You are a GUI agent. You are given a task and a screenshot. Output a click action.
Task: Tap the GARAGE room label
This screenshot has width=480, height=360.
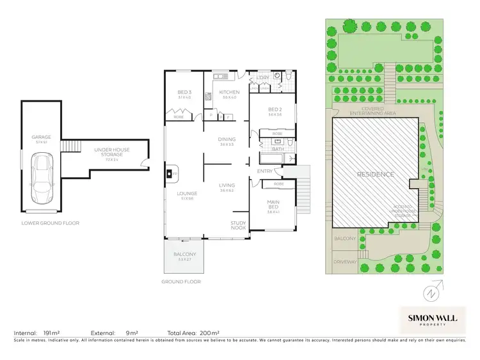point(41,137)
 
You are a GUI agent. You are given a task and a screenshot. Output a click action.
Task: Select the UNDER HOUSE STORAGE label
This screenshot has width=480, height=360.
point(111,152)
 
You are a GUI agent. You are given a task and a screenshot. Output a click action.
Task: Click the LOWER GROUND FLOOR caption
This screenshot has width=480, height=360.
point(54,223)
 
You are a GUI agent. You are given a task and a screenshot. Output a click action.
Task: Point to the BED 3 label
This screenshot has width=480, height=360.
point(185,93)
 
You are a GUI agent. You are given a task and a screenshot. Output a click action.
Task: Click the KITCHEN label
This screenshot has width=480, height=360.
point(228,93)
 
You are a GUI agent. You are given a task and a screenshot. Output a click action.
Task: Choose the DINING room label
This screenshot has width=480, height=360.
point(227,139)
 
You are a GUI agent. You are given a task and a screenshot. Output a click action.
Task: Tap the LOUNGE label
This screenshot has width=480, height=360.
point(188,194)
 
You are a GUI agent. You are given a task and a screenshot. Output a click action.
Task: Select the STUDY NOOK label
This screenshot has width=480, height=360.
point(239,225)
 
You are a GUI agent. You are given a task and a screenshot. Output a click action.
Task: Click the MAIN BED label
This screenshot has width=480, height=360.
point(273,204)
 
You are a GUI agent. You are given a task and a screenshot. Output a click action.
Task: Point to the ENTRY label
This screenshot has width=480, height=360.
point(264,171)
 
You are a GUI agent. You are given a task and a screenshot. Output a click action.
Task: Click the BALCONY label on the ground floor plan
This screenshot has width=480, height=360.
point(185,254)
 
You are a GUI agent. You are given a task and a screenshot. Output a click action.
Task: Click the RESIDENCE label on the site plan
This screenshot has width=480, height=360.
point(376,175)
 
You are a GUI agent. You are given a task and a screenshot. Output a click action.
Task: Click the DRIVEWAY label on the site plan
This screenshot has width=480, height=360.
point(344,262)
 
